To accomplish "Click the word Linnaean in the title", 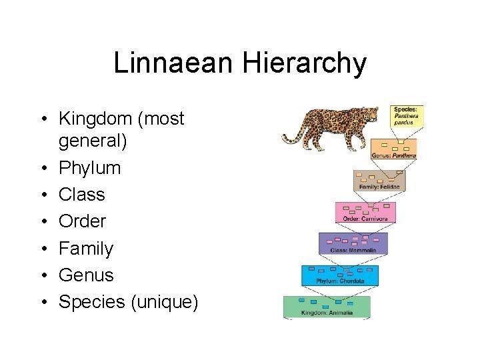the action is (x=173, y=63).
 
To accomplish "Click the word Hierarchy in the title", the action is (x=304, y=64).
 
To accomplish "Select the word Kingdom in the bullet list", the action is (x=95, y=118).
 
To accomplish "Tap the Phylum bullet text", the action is (x=90, y=168).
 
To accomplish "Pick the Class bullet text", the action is (x=82, y=195).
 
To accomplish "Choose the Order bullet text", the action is (x=83, y=221).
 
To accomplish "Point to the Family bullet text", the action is (x=86, y=248).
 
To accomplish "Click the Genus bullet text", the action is (x=86, y=275).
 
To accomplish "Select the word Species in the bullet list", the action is (x=92, y=302).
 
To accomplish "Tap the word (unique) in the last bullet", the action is (x=165, y=302).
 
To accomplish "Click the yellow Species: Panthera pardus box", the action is (x=407, y=116).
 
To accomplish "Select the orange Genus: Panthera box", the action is (x=394, y=149).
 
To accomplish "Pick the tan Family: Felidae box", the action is (x=379, y=180).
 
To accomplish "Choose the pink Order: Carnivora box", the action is (x=365, y=212).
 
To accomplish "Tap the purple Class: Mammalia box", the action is (x=353, y=243).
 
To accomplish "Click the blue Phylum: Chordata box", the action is (x=340, y=275).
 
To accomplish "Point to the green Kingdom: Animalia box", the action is (x=327, y=307).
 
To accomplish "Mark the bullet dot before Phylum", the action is (x=45, y=168).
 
